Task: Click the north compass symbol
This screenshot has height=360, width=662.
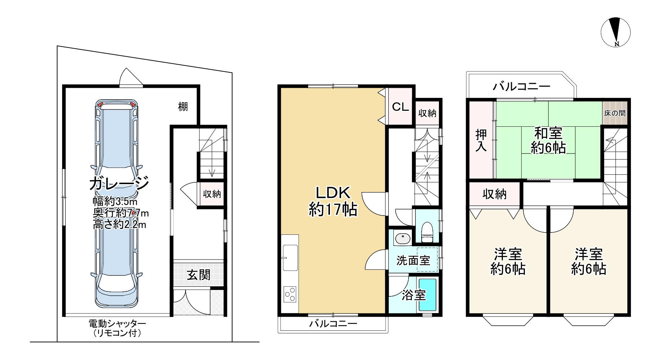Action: click(616, 32)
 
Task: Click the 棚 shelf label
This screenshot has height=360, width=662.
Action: click(183, 107)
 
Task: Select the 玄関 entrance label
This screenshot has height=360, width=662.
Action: click(199, 275)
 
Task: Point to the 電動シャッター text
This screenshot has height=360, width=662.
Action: click(117, 324)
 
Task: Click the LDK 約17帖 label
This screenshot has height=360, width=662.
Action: click(333, 201)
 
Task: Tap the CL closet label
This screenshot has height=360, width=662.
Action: click(400, 107)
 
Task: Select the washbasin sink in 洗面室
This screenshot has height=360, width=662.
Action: click(402, 239)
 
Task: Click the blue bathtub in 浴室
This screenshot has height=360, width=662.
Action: click(427, 295)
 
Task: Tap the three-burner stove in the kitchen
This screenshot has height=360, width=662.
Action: click(290, 294)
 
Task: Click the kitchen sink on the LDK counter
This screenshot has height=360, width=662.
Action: click(291, 257)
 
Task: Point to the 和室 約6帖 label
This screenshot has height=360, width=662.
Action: click(548, 141)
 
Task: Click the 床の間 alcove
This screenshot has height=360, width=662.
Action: click(615, 113)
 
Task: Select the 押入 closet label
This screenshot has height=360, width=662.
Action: click(481, 140)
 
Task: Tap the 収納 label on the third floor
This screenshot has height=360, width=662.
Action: click(495, 194)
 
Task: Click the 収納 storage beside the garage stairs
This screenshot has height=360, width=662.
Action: click(212, 194)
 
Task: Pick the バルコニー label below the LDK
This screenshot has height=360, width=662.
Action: click(333, 324)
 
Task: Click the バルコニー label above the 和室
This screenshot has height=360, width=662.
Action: click(522, 86)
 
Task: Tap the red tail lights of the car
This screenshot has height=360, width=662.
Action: click(117, 104)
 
